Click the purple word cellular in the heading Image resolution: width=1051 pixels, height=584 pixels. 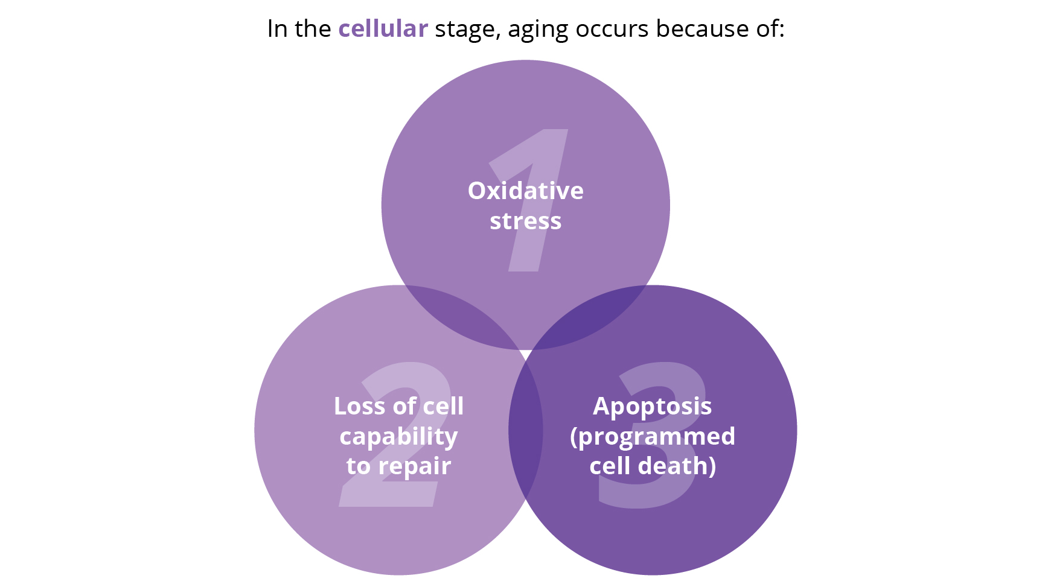[x=383, y=28]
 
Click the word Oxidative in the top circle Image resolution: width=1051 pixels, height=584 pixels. [x=526, y=191]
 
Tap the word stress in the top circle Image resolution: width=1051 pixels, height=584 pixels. [x=526, y=221]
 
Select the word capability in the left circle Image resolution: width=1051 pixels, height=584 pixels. [x=398, y=437]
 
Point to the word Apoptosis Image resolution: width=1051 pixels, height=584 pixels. [x=653, y=407]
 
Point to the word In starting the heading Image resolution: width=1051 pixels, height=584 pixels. [x=277, y=29]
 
